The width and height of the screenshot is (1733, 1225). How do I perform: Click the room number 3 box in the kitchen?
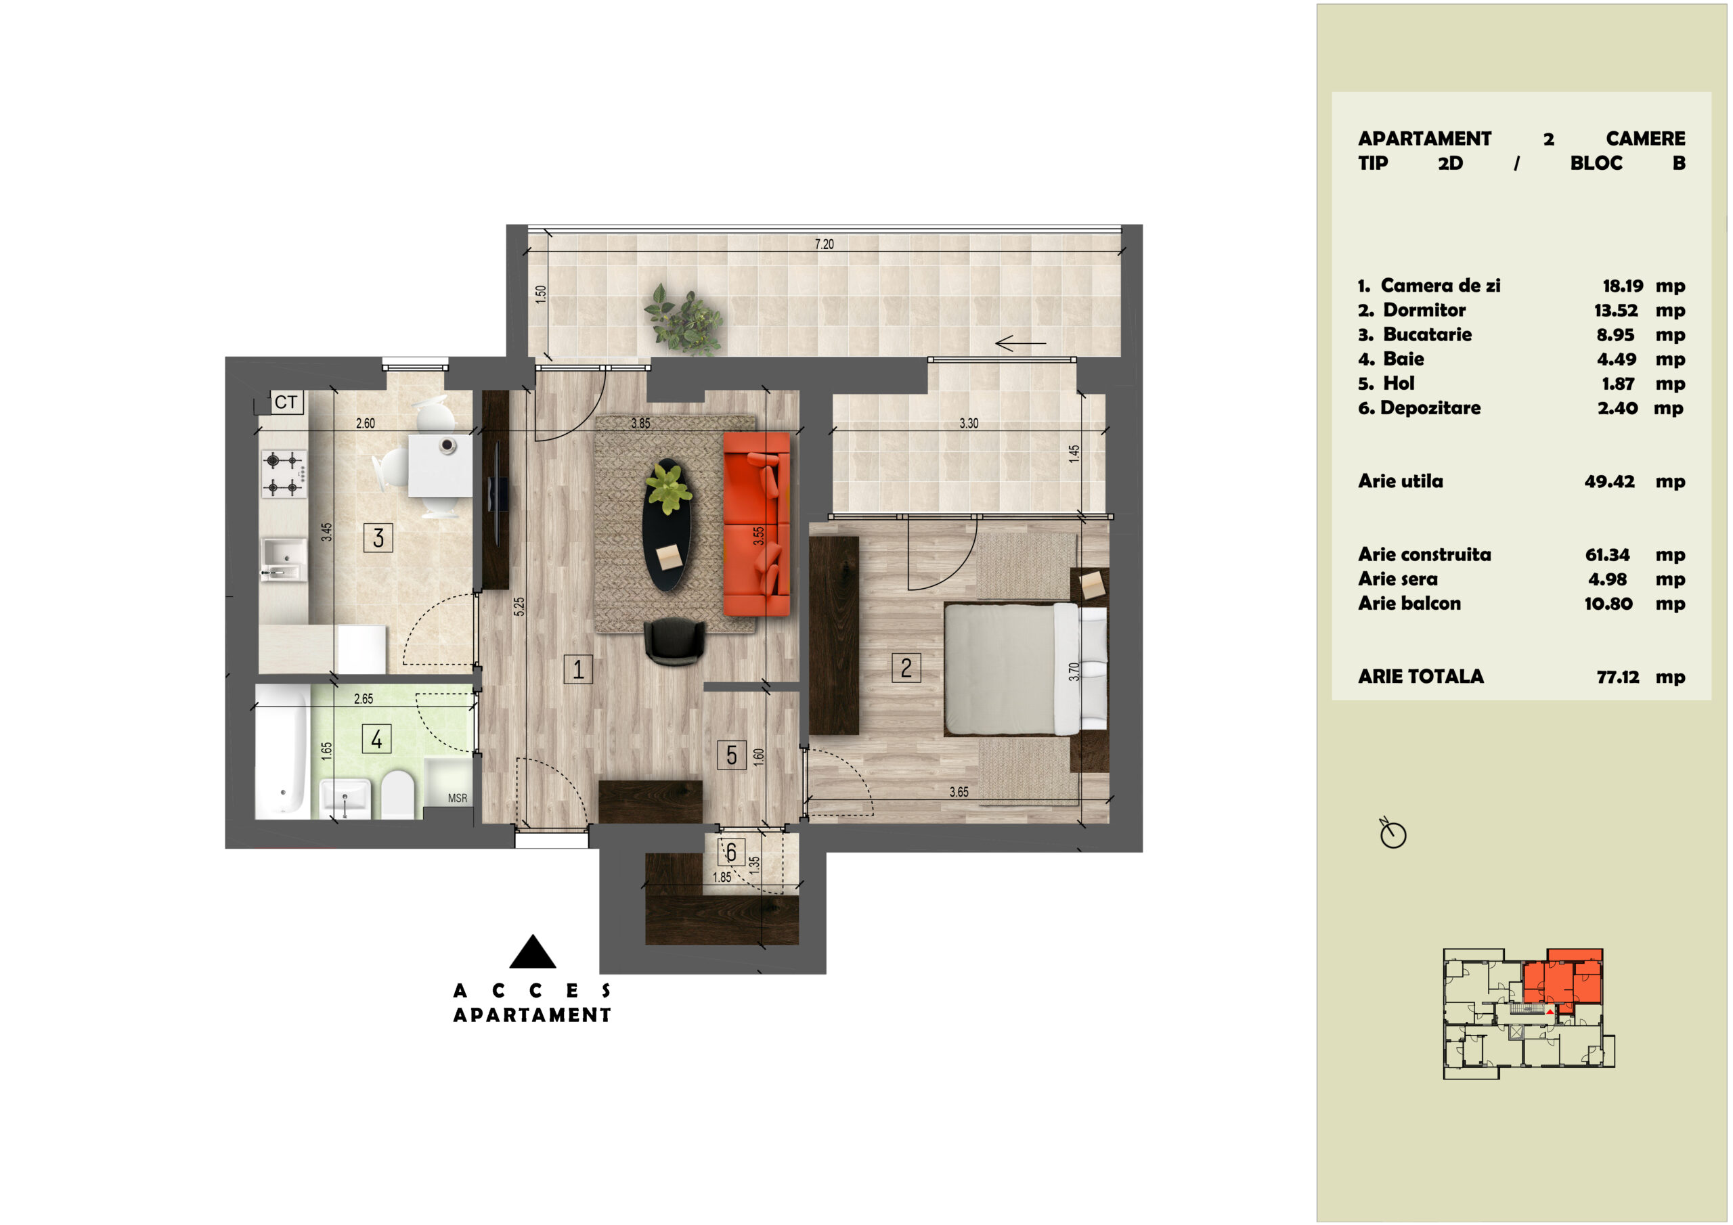click(x=378, y=538)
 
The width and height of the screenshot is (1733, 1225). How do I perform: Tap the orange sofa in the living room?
click(x=756, y=524)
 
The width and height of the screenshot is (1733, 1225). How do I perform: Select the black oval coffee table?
click(x=667, y=525)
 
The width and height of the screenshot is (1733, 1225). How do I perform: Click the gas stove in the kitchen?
click(x=284, y=474)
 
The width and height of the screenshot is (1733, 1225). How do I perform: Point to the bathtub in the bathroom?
click(x=282, y=752)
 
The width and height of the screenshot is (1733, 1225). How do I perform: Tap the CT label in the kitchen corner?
click(x=286, y=402)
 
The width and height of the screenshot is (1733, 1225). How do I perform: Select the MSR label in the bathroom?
click(x=458, y=799)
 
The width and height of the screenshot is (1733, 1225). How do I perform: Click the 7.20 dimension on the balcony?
click(x=825, y=244)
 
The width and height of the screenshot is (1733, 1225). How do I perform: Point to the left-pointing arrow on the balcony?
click(x=1020, y=343)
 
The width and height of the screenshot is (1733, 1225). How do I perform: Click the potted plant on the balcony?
click(x=683, y=320)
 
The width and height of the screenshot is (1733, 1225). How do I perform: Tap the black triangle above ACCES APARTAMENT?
click(x=533, y=952)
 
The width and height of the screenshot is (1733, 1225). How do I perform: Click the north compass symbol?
click(x=1392, y=833)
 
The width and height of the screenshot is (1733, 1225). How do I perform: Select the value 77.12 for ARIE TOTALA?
click(x=1617, y=677)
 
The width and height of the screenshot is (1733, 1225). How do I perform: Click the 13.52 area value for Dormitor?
click(x=1616, y=310)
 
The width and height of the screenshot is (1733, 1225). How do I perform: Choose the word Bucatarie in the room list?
click(x=1427, y=334)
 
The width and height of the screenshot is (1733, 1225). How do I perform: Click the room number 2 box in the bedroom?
click(x=906, y=668)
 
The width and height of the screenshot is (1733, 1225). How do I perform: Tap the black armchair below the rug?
click(x=675, y=642)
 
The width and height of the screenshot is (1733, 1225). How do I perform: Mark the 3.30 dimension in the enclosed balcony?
click(x=969, y=424)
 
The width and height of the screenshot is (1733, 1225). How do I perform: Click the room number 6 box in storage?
click(x=731, y=853)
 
